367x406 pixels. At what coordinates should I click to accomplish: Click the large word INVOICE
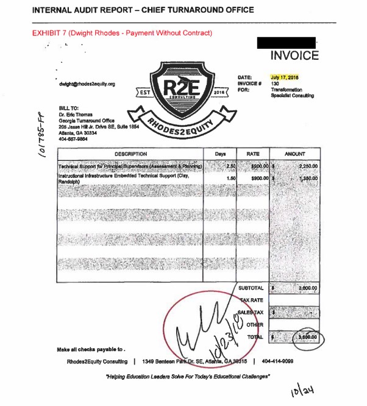(x=294, y=56)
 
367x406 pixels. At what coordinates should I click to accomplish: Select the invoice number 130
(x=276, y=84)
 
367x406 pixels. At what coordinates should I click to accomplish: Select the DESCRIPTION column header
(x=130, y=154)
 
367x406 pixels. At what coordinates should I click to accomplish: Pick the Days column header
(x=221, y=154)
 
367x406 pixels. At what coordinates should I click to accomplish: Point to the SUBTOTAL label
(x=251, y=288)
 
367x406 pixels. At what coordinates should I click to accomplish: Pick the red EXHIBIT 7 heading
(x=122, y=32)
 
